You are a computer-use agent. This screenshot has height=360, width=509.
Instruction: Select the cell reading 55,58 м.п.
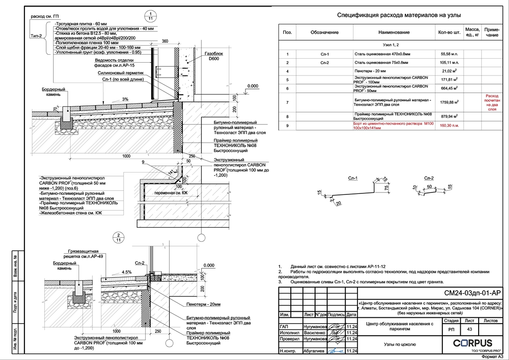coord(449,54)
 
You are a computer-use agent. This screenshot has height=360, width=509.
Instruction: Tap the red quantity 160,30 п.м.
coord(449,126)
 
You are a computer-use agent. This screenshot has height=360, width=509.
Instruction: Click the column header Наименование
coord(394,32)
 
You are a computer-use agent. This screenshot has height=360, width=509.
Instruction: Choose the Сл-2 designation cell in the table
coord(325,63)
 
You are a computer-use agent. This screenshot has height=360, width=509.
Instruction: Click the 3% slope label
coord(125,99)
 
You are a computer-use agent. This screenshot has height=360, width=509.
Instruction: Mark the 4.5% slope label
coord(127,272)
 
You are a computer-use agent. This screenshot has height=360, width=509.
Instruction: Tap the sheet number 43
coord(469,329)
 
